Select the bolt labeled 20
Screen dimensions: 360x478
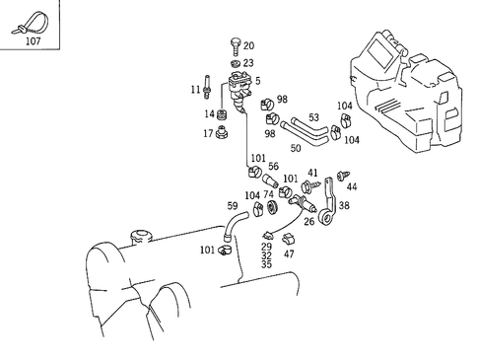coord(233,45)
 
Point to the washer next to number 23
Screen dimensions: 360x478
coord(234,62)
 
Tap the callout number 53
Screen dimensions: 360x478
coord(313,116)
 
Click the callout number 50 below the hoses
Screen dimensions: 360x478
coord(295,147)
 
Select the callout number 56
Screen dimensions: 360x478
coord(273,168)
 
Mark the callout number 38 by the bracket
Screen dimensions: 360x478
coord(344,206)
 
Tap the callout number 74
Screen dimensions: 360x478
coord(268,195)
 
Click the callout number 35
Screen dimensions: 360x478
coord(266,265)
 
